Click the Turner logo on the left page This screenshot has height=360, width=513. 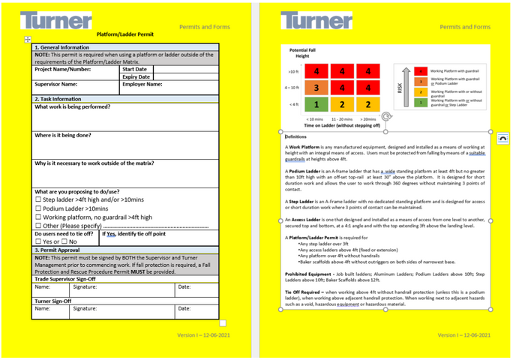[56, 20]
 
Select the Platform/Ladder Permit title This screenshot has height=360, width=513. [126, 34]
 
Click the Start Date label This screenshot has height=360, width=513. [134, 69]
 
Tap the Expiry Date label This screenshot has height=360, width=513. [136, 76]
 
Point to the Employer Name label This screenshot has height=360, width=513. [142, 85]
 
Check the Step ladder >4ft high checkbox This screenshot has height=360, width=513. [38, 200]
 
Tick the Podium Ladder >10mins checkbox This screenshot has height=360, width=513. [38, 208]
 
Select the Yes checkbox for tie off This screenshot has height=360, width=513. [38, 241]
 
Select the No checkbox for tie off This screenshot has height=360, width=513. [64, 241]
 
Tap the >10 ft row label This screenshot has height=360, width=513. [292, 72]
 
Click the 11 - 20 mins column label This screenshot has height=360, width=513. [341, 118]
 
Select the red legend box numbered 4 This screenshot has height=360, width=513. [421, 70]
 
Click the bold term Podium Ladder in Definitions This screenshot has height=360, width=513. [303, 171]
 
